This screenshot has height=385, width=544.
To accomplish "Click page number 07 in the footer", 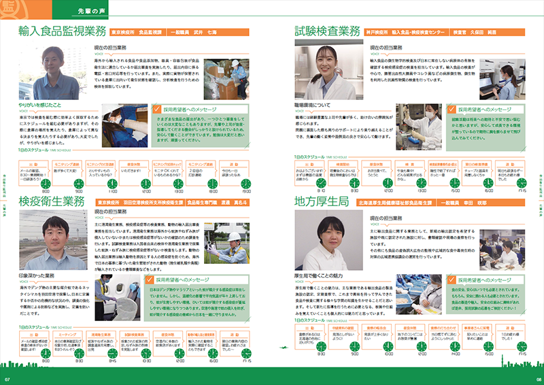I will [x=7, y=379].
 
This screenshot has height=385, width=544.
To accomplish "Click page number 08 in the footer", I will [x=536, y=379].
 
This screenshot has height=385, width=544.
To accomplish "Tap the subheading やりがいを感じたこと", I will [x=41, y=106].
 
